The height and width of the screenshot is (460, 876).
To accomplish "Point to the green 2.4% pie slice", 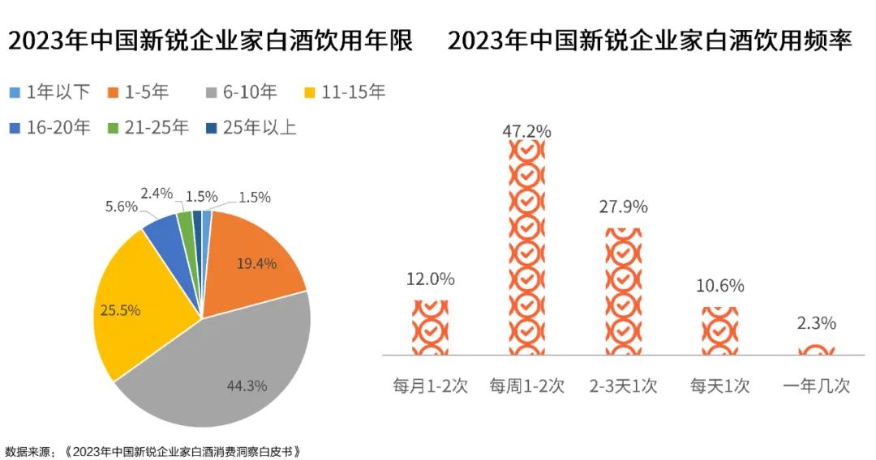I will click(x=186, y=219).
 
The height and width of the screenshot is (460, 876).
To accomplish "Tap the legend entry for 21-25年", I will click(x=149, y=128).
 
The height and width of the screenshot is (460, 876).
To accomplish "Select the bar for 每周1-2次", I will click(x=526, y=247).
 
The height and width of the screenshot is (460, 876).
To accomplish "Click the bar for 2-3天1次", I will click(x=623, y=292).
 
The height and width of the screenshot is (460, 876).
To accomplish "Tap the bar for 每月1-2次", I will click(x=430, y=327).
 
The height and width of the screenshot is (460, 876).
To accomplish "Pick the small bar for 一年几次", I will click(x=816, y=351).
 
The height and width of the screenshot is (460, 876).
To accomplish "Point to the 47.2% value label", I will click(x=526, y=130).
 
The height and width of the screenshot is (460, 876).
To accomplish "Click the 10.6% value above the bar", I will click(x=719, y=286).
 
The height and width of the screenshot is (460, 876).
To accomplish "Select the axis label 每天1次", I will click(x=719, y=385).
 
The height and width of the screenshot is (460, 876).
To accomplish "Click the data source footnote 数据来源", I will click(x=153, y=450).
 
